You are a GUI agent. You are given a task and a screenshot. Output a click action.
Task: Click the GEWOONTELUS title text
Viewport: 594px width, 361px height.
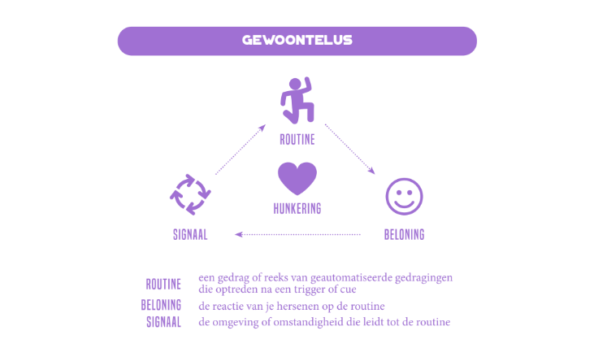(x=297, y=40)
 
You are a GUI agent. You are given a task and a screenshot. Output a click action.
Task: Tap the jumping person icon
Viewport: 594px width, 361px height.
(x=297, y=101)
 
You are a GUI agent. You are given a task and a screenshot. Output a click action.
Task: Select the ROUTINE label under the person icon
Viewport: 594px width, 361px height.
(x=297, y=140)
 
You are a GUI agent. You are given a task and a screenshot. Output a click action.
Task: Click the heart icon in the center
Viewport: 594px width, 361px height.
(x=297, y=178)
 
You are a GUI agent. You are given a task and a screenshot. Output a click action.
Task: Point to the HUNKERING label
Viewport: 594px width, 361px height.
(x=297, y=209)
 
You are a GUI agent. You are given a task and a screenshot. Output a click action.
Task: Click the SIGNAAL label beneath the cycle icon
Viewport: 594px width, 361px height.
(x=190, y=235)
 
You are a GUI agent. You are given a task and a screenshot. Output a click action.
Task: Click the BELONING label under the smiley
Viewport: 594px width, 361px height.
(x=404, y=235)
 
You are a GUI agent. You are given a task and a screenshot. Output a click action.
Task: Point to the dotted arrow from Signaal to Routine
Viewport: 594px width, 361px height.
(x=241, y=150)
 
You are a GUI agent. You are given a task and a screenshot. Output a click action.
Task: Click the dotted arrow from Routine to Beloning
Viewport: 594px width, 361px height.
(x=349, y=149)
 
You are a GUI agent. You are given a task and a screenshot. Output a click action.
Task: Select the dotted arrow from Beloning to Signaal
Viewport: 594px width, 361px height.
(x=297, y=234)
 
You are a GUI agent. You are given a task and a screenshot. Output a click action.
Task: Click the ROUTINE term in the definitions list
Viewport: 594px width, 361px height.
(x=163, y=285)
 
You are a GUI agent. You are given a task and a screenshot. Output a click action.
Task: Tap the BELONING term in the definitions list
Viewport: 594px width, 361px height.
(x=161, y=305)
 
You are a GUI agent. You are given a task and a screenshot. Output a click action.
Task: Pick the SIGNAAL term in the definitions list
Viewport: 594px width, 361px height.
(x=163, y=322)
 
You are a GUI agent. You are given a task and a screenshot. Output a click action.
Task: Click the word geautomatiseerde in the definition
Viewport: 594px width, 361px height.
(x=351, y=278)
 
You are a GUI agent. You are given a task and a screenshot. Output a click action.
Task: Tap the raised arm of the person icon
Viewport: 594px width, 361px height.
(x=308, y=86)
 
